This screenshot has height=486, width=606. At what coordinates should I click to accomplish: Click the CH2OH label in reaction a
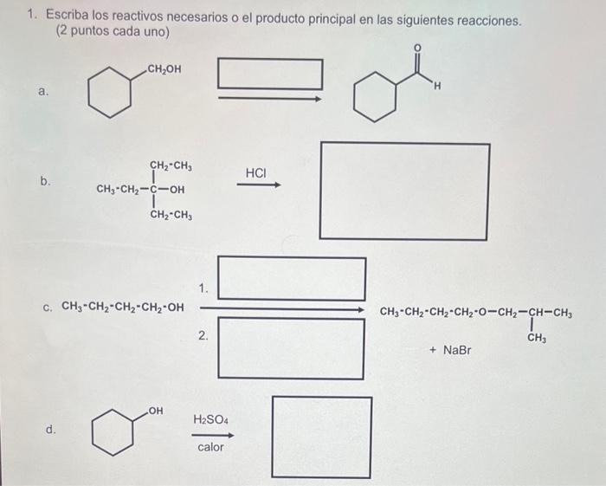click(164, 69)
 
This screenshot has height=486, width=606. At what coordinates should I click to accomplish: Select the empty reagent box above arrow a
click(269, 74)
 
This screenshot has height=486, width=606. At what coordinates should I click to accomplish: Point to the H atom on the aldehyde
click(438, 85)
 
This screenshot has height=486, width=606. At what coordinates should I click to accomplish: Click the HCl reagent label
click(256, 173)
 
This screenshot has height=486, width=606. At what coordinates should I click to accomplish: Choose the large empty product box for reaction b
click(404, 191)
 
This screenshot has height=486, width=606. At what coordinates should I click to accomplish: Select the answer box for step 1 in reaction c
click(291, 279)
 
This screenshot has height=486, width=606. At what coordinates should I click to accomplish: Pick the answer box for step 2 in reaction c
click(291, 348)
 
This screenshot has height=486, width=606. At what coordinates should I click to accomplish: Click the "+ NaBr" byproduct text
click(450, 350)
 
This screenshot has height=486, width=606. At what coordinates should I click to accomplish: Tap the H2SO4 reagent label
click(210, 420)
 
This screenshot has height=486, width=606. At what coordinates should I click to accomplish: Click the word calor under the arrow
click(210, 447)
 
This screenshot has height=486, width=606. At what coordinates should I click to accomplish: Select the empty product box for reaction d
click(322, 437)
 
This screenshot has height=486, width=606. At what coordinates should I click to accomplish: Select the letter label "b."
click(44, 181)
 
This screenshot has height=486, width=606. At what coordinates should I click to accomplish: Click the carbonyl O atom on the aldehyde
click(416, 47)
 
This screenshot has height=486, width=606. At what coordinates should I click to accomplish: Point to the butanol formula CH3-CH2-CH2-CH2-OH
click(124, 307)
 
